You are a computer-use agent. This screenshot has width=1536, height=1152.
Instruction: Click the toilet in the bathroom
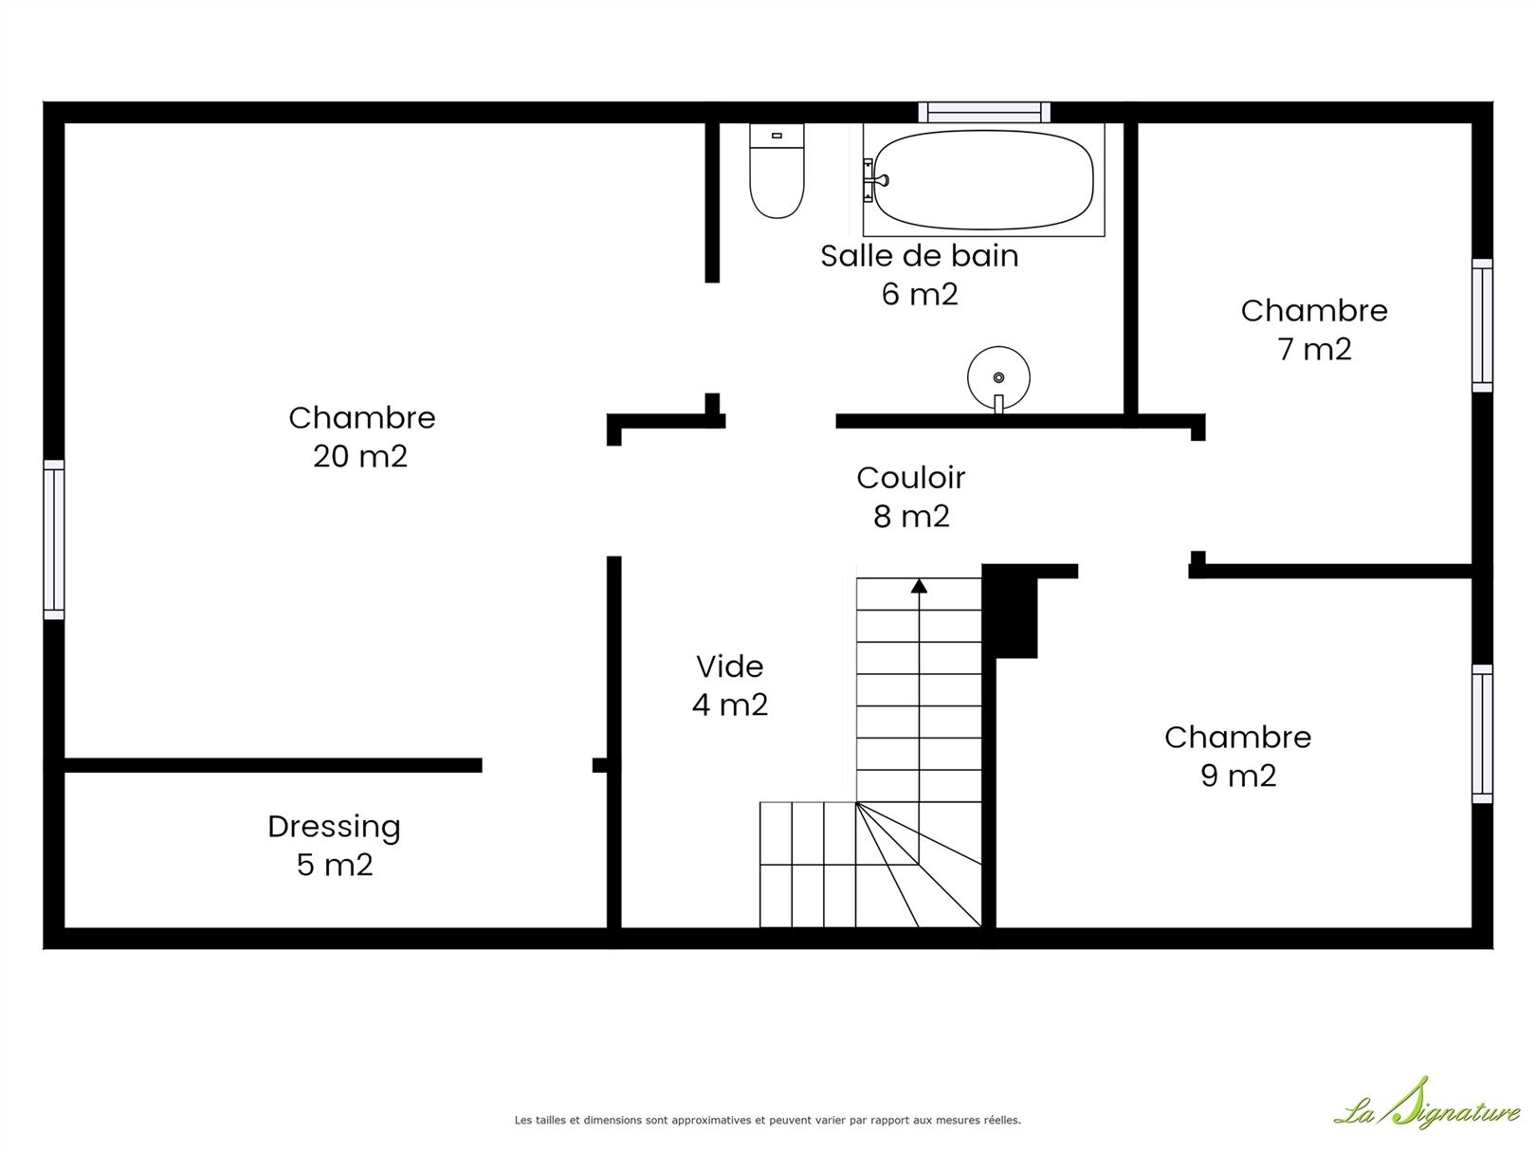(x=777, y=171)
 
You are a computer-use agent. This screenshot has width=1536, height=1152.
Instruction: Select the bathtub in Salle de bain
(x=983, y=180)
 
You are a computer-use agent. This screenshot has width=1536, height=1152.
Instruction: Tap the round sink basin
(x=998, y=377)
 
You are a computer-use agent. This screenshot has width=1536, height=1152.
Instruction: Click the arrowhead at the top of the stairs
(x=919, y=585)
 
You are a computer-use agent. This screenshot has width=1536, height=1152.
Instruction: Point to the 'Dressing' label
(x=334, y=827)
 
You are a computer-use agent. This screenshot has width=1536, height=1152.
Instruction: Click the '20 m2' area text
(x=359, y=456)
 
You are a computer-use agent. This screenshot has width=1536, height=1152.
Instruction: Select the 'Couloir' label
(x=910, y=478)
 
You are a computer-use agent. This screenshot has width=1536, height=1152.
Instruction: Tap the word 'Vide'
(x=729, y=666)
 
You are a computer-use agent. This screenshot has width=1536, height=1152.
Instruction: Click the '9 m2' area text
(x=1238, y=775)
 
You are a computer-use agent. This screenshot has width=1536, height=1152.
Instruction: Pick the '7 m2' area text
(x=1314, y=349)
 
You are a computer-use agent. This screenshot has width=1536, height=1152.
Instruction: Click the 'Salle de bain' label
(x=919, y=255)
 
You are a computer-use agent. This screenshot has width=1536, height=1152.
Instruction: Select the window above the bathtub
(x=984, y=112)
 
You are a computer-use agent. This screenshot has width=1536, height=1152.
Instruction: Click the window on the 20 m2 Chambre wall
(x=54, y=539)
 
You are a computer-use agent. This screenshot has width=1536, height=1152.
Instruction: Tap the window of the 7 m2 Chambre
(x=1482, y=325)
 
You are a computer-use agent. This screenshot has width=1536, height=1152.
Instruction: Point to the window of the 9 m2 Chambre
(x=1482, y=734)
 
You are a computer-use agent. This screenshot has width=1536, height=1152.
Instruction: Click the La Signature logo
(x=1428, y=1111)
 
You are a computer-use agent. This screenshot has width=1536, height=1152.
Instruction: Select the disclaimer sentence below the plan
(x=768, y=1120)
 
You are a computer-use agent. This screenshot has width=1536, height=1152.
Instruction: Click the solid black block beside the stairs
(x=1010, y=611)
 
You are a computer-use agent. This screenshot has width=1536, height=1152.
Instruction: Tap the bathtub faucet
(x=875, y=180)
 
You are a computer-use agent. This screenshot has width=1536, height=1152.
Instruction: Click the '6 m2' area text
(x=920, y=294)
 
